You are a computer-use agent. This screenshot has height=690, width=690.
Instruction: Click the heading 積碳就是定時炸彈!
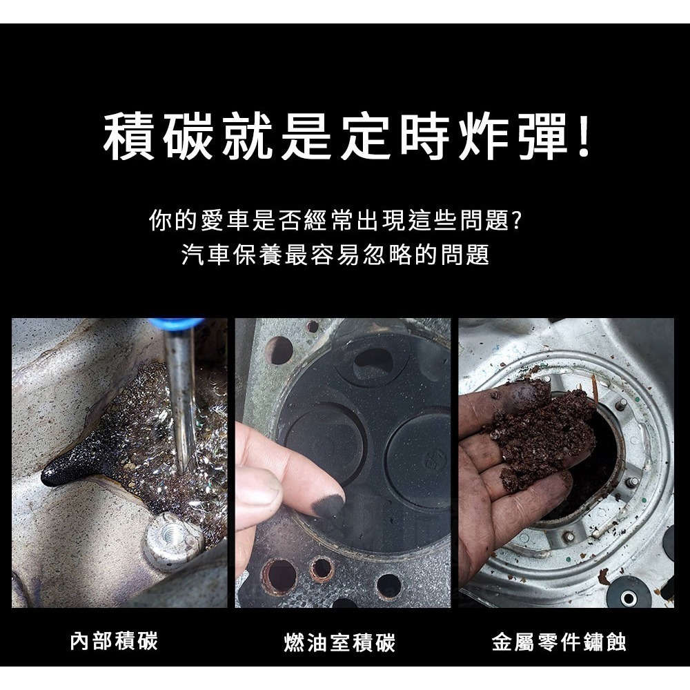(345, 137)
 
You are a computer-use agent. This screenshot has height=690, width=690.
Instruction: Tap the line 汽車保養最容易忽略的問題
(335, 255)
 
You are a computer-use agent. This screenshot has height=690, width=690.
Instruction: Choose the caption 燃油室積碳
(339, 644)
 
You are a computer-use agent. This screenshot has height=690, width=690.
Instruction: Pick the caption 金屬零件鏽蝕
(559, 643)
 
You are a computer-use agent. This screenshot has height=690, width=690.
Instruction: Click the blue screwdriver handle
(177, 323)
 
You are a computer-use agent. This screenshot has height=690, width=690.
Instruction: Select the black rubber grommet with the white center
(629, 595)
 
